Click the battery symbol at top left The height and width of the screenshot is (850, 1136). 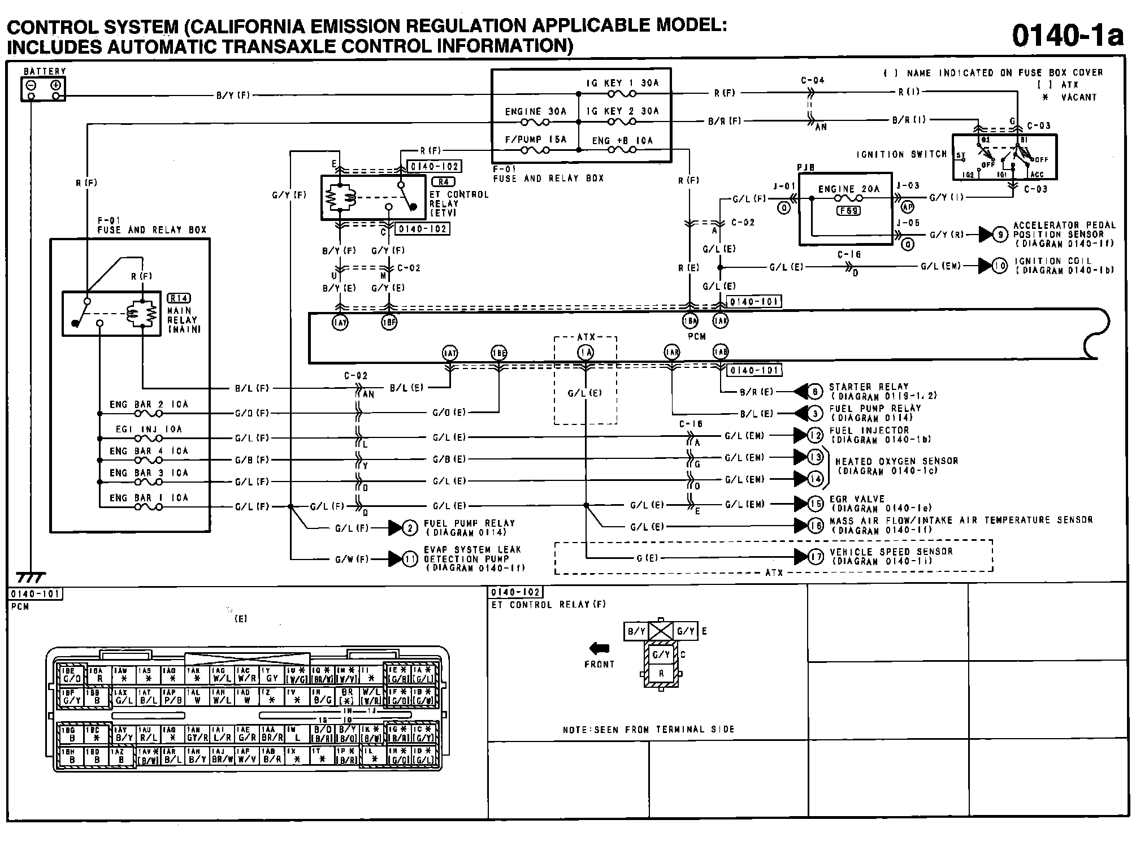(44, 89)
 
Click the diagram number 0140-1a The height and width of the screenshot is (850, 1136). (1067, 35)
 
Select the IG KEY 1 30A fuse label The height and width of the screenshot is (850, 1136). (622, 83)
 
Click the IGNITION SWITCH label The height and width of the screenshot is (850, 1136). (901, 154)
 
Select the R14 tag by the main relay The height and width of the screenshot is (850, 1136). (179, 298)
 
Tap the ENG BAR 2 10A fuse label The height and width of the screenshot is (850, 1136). (149, 405)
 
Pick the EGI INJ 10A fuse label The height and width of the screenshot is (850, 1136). (149, 430)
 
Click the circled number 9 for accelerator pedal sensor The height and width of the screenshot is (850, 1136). (1000, 234)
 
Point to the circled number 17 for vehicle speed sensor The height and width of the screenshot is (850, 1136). (815, 557)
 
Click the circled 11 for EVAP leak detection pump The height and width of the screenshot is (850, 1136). (410, 559)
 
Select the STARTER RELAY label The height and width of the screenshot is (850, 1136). (868, 387)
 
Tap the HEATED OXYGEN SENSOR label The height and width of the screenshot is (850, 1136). (896, 461)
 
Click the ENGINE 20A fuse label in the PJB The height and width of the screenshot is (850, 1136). (849, 189)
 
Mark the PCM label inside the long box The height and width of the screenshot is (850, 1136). (696, 336)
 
